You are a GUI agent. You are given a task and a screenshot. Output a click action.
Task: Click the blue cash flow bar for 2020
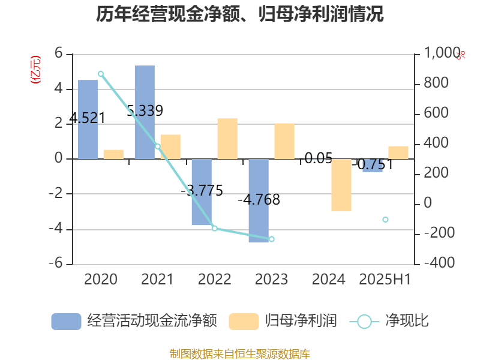point(88,119)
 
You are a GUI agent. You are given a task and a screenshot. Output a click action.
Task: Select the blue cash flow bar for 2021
point(145,112)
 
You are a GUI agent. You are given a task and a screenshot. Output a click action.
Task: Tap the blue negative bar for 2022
point(202,192)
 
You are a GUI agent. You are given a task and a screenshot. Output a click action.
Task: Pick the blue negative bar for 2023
point(259,201)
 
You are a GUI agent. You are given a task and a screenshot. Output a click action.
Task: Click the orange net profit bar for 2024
point(341,185)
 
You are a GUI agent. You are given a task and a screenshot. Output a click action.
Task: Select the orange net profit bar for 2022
point(227,139)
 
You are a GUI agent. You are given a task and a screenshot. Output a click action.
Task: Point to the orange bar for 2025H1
point(398,152)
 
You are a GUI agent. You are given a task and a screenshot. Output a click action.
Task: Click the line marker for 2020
point(101,74)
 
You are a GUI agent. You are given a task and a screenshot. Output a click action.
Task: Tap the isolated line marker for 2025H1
point(385,220)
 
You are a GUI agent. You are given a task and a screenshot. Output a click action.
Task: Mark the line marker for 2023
point(272,239)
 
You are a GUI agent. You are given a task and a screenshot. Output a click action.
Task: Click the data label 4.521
point(88,118)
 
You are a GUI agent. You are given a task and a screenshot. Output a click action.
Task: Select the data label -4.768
point(259,200)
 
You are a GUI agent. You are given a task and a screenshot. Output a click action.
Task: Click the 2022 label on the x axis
point(214,279)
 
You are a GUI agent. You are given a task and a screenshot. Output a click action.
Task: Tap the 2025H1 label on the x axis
point(385,279)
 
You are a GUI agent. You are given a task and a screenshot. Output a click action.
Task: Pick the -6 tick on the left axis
point(59,264)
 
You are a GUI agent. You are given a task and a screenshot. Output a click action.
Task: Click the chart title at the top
point(240,14)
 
